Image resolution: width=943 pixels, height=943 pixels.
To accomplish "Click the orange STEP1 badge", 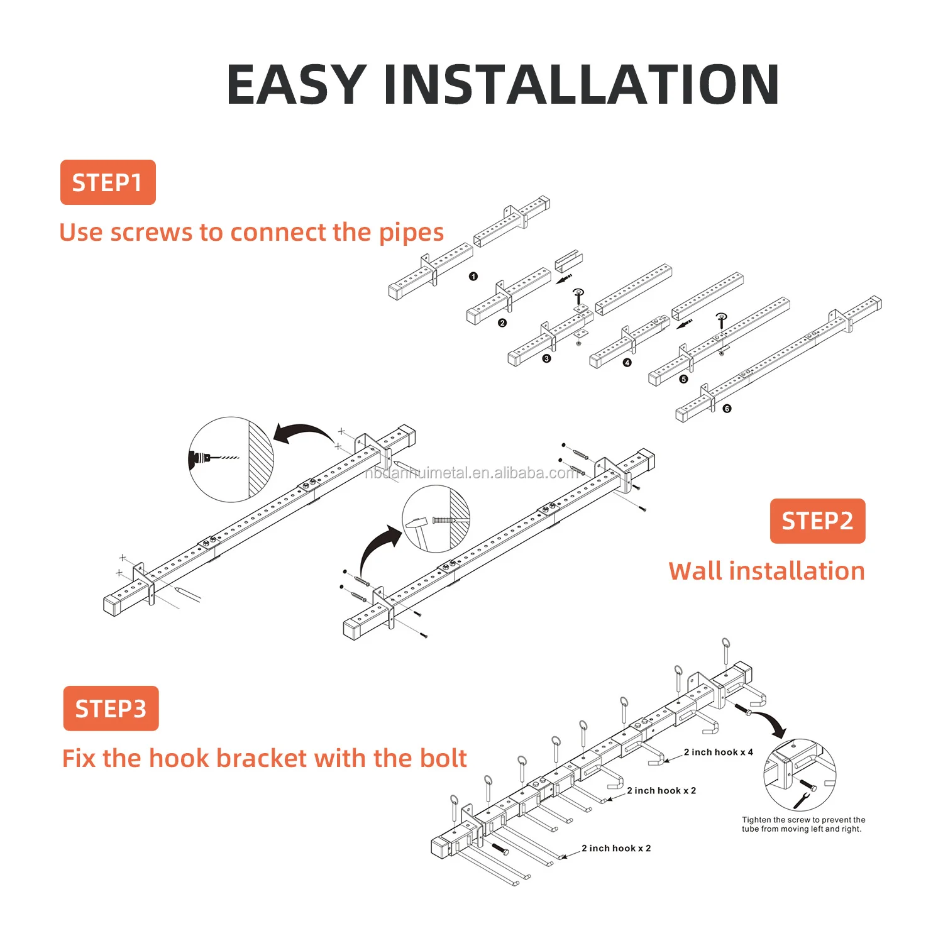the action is click(108, 182).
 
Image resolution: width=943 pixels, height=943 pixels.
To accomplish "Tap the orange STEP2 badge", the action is click(817, 521).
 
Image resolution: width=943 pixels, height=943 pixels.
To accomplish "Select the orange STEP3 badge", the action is click(111, 709).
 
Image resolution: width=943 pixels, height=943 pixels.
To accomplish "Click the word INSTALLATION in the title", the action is click(581, 85).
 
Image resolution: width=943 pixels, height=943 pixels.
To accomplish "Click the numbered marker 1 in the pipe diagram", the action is click(473, 277).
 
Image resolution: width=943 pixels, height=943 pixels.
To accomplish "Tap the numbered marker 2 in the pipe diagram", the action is click(502, 323).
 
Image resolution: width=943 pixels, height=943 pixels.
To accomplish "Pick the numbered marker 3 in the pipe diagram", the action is click(546, 359).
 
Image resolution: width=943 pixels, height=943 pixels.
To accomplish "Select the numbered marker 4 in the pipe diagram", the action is click(627, 363).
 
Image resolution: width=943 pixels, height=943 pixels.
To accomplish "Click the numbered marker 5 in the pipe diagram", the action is click(683, 379).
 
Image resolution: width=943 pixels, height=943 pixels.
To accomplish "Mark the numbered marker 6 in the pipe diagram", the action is click(727, 409).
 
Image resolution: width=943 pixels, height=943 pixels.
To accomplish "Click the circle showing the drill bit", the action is click(231, 460).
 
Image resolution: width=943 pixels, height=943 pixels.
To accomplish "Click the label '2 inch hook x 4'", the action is click(718, 752).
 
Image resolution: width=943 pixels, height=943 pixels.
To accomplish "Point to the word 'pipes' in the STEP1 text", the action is click(411, 233).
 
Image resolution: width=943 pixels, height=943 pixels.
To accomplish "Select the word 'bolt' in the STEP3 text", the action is click(443, 758).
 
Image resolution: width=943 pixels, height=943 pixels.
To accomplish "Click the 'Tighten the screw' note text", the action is click(803, 824).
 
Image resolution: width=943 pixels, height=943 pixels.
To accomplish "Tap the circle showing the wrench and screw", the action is click(800, 775).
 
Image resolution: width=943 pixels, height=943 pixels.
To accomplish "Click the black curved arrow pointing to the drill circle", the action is click(303, 433).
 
